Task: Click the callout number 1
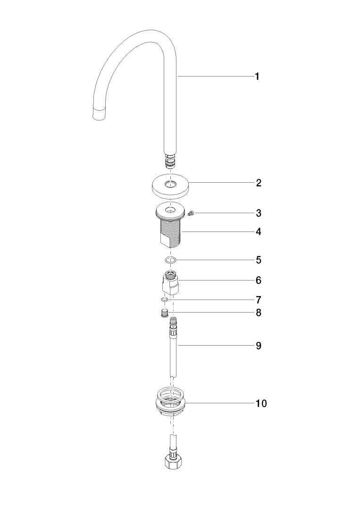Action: tap(257, 77)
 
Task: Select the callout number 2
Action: tap(258, 183)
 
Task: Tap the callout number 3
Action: tap(258, 213)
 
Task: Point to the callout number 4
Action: tap(258, 232)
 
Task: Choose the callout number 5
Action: tap(258, 260)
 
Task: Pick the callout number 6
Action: tap(258, 280)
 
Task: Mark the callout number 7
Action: tap(258, 299)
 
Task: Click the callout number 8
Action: tap(258, 313)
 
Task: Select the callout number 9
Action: tap(258, 345)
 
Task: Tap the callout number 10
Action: tap(261, 404)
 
